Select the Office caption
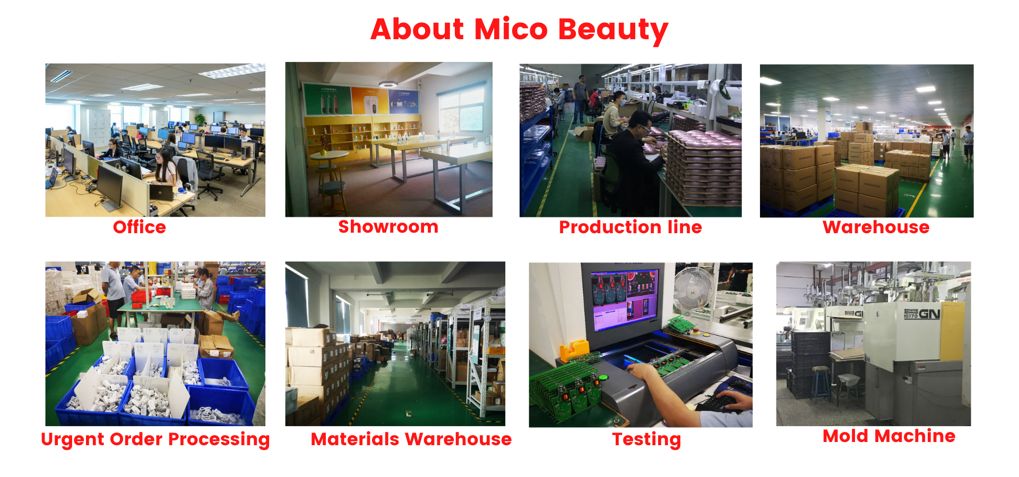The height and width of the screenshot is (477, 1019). point(140,227)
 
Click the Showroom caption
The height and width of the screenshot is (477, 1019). point(388,227)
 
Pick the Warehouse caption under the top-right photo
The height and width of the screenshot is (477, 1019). point(876,227)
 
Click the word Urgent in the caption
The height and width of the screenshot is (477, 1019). point(73,440)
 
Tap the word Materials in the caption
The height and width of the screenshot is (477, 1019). point(355,439)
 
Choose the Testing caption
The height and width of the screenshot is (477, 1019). point(646,440)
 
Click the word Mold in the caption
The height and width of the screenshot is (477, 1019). point(846,436)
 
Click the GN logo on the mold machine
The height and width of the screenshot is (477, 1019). point(929,314)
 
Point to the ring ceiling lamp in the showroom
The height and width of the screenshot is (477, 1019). point(388,84)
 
